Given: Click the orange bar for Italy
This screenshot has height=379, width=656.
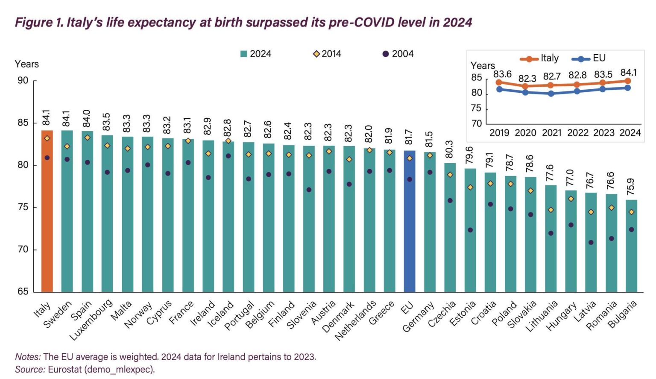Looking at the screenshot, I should click(x=47, y=211).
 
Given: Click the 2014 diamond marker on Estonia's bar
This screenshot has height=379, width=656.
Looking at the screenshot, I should click(x=470, y=188).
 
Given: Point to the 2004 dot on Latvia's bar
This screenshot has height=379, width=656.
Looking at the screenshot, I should click(x=591, y=242).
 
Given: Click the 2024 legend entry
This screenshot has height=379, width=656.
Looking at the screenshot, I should click(x=255, y=54).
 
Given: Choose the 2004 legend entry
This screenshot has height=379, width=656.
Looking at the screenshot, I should click(x=398, y=54).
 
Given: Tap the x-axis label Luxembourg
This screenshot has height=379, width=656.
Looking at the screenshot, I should click(x=91, y=320).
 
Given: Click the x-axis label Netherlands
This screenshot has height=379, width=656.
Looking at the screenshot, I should click(x=356, y=320).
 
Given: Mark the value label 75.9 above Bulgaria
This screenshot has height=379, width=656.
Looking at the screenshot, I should click(x=631, y=187).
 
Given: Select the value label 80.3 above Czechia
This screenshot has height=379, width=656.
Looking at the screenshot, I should click(x=449, y=149).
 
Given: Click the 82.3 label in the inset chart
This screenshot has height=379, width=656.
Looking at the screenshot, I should click(x=527, y=79).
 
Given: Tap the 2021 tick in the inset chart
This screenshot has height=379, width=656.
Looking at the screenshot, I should click(x=551, y=133).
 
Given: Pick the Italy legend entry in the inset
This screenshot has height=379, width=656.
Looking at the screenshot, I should click(x=540, y=58).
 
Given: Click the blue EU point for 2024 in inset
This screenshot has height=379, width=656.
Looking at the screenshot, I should click(x=628, y=88).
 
